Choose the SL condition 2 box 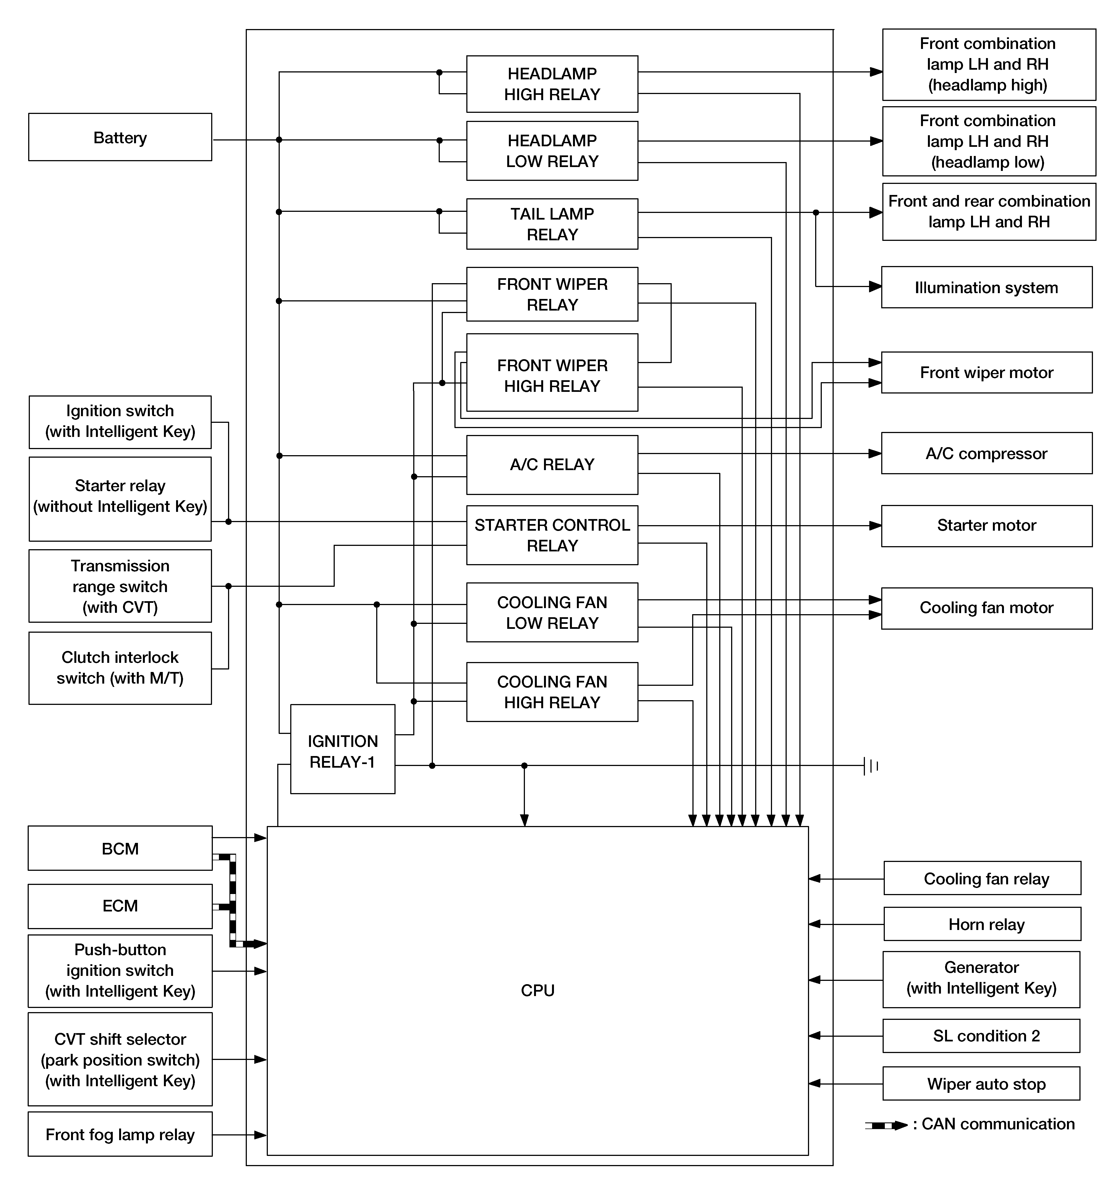[x=981, y=1035]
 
